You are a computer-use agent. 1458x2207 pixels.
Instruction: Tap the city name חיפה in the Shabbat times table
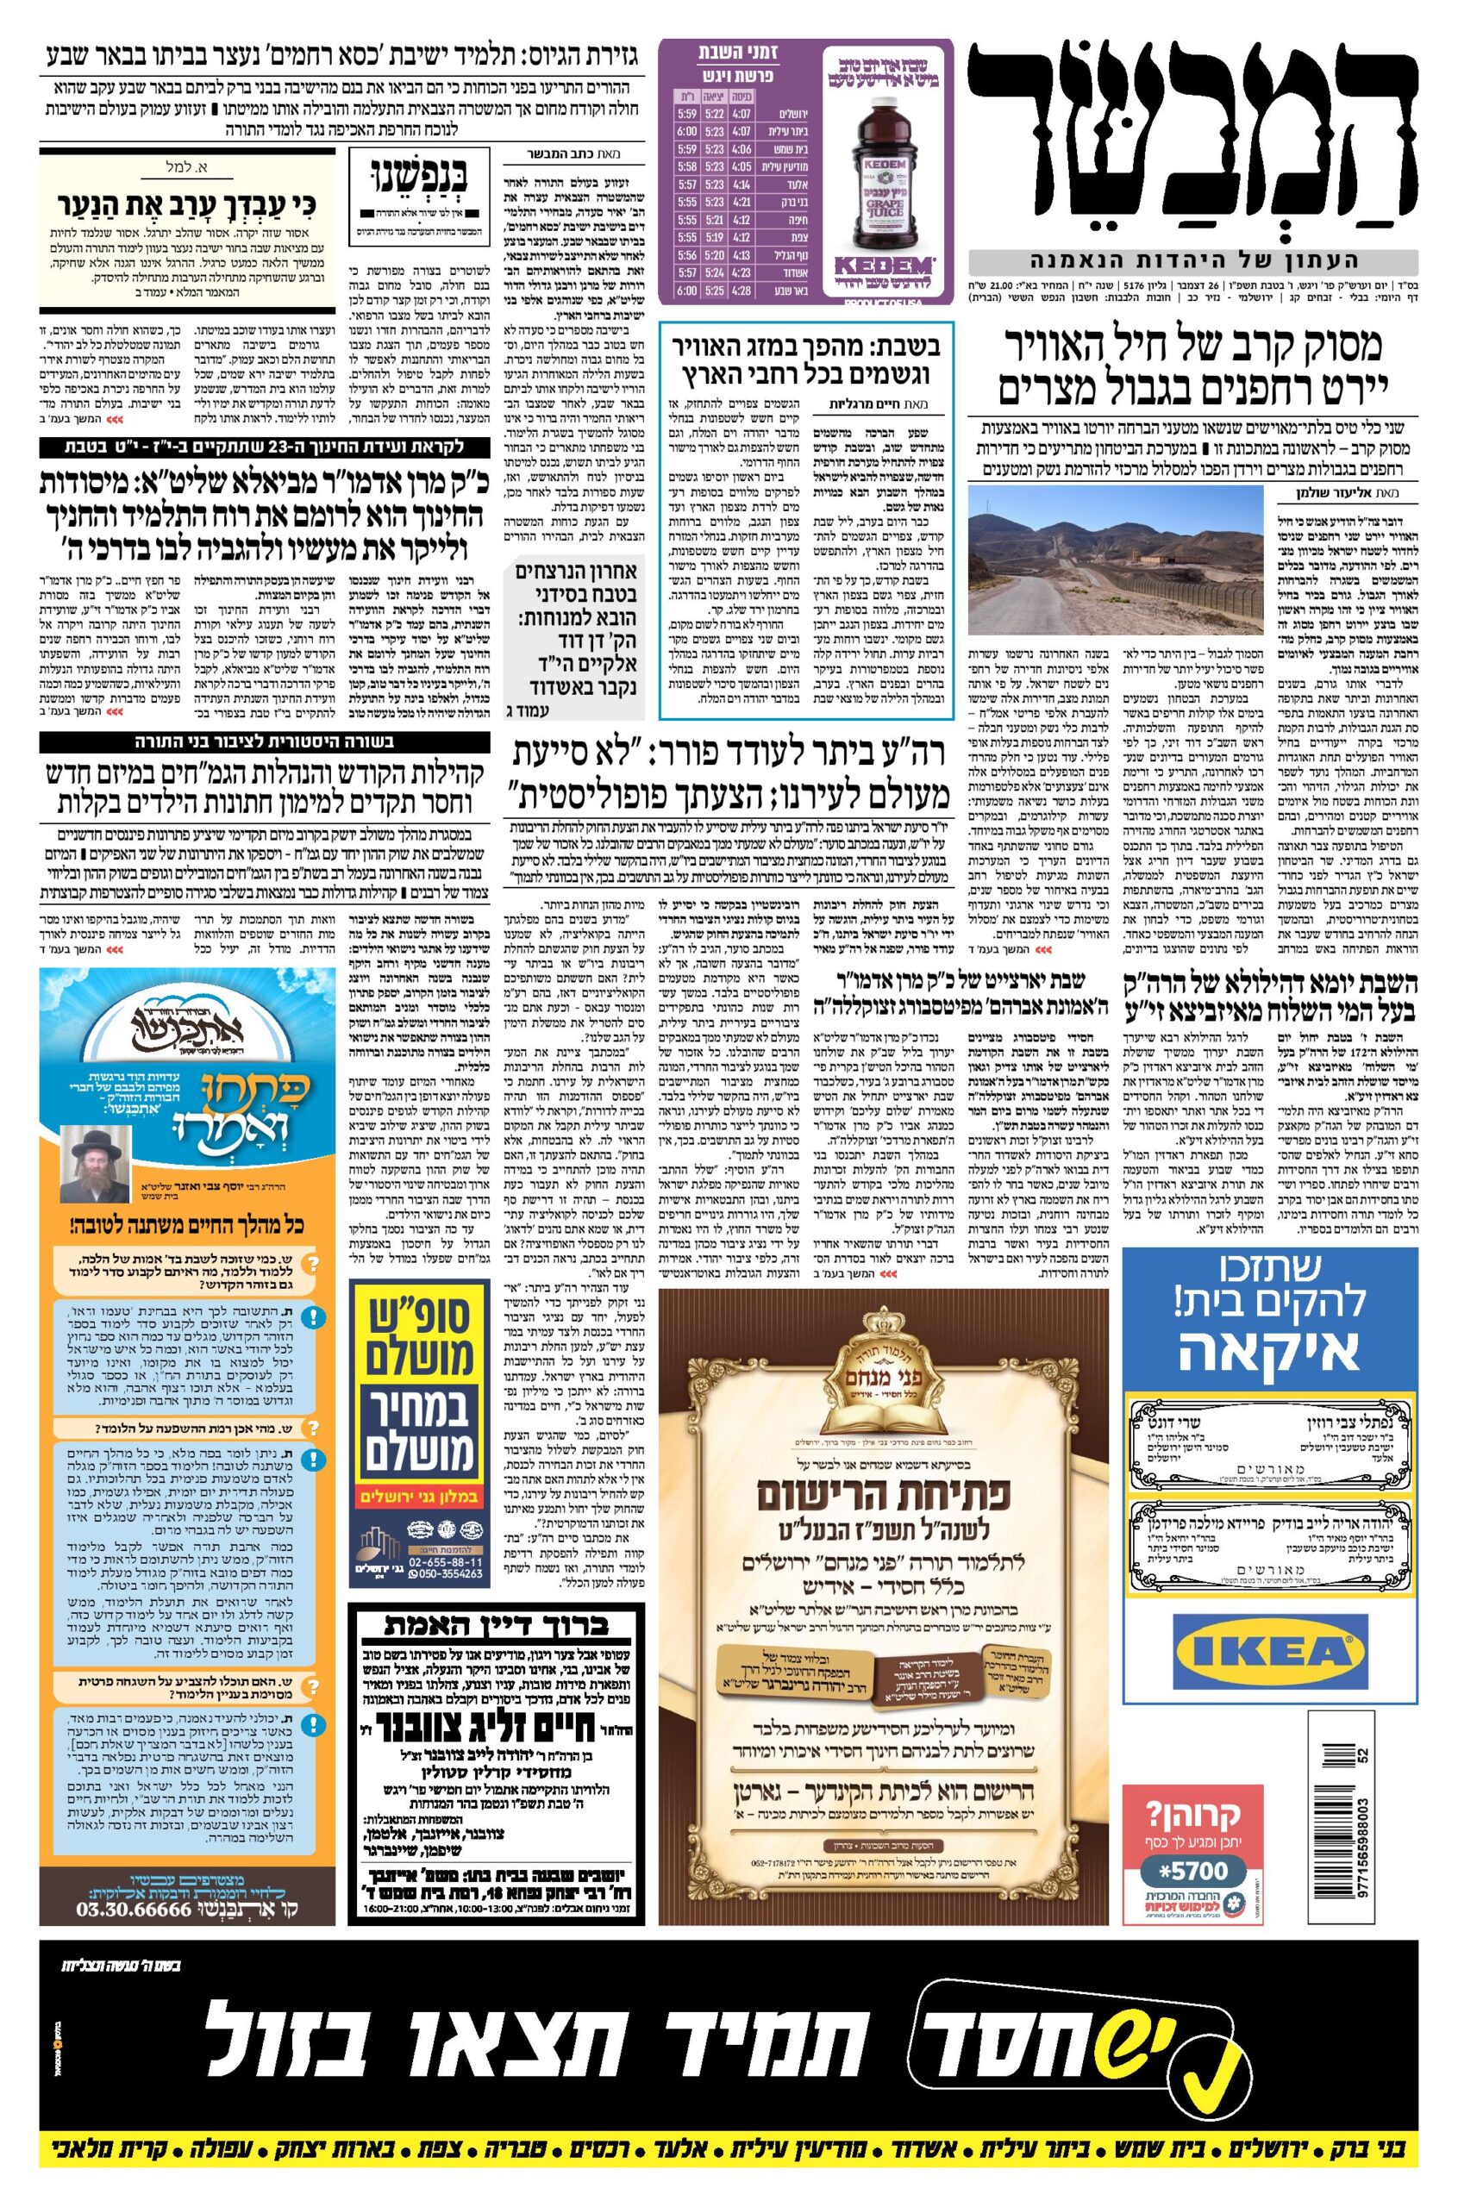click(x=796, y=218)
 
